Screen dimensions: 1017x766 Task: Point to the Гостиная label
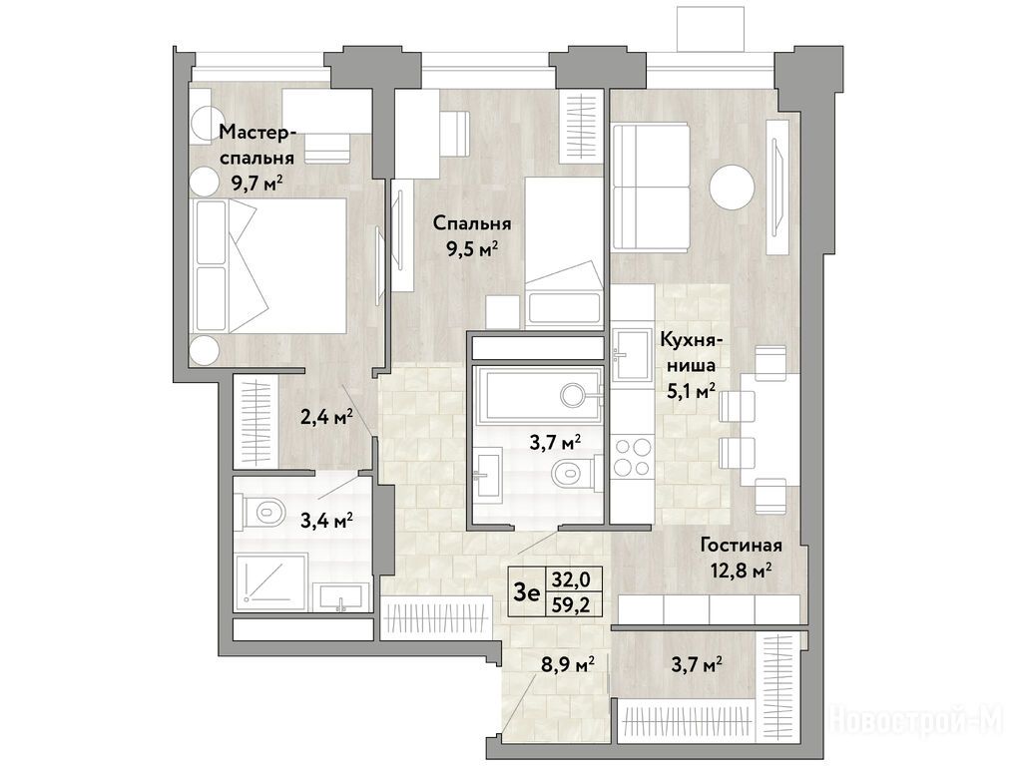click(x=741, y=546)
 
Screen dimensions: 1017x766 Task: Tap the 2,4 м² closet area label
click(x=326, y=415)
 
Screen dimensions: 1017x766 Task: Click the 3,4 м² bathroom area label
click(x=327, y=520)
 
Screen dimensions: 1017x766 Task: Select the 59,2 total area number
click(x=567, y=604)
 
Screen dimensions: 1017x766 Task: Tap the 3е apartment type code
click(x=526, y=591)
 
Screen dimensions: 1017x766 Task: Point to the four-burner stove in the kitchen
click(x=633, y=457)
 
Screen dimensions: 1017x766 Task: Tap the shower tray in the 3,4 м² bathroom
click(x=270, y=581)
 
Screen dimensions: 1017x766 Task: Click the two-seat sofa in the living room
click(x=651, y=187)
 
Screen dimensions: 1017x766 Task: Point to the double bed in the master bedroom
click(x=268, y=265)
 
